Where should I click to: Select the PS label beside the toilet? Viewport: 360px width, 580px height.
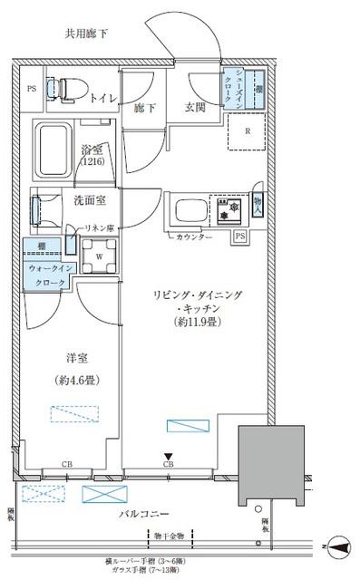tap(32, 89)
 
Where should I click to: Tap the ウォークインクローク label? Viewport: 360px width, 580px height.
tap(46, 275)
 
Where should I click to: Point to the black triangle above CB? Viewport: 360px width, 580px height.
tap(167, 457)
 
